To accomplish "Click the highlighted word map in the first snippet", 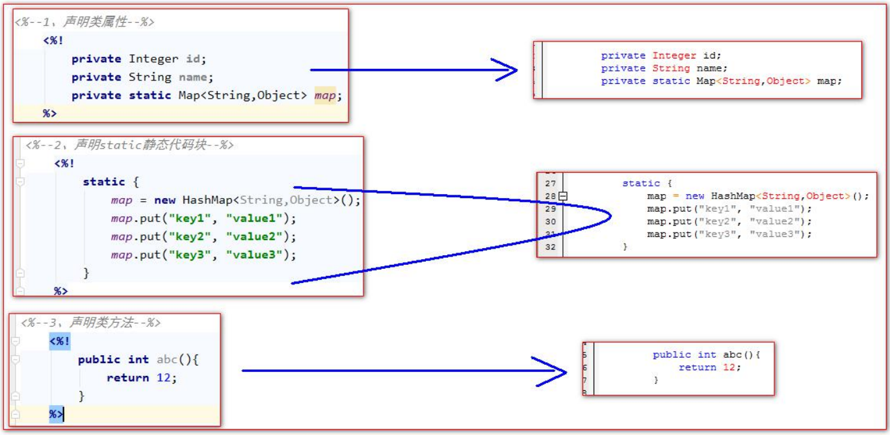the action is [325, 95].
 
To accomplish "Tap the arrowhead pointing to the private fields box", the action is [505, 70].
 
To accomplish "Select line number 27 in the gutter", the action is [550, 183].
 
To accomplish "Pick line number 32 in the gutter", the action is [550, 247].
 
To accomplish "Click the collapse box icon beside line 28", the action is [563, 196].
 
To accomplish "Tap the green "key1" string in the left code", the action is [190, 218].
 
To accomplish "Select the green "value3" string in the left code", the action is [254, 255].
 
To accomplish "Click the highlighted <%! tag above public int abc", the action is [60, 342].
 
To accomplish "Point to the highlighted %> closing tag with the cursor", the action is [56, 414].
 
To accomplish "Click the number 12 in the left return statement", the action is [164, 377].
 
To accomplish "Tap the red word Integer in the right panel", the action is [674, 56].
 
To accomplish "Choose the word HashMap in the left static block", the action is [207, 200].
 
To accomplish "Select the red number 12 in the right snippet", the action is [729, 367].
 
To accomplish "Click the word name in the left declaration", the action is [192, 77].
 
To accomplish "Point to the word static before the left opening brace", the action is [104, 182].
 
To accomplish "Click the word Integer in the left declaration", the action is [153, 59].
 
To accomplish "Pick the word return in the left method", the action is [127, 377].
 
